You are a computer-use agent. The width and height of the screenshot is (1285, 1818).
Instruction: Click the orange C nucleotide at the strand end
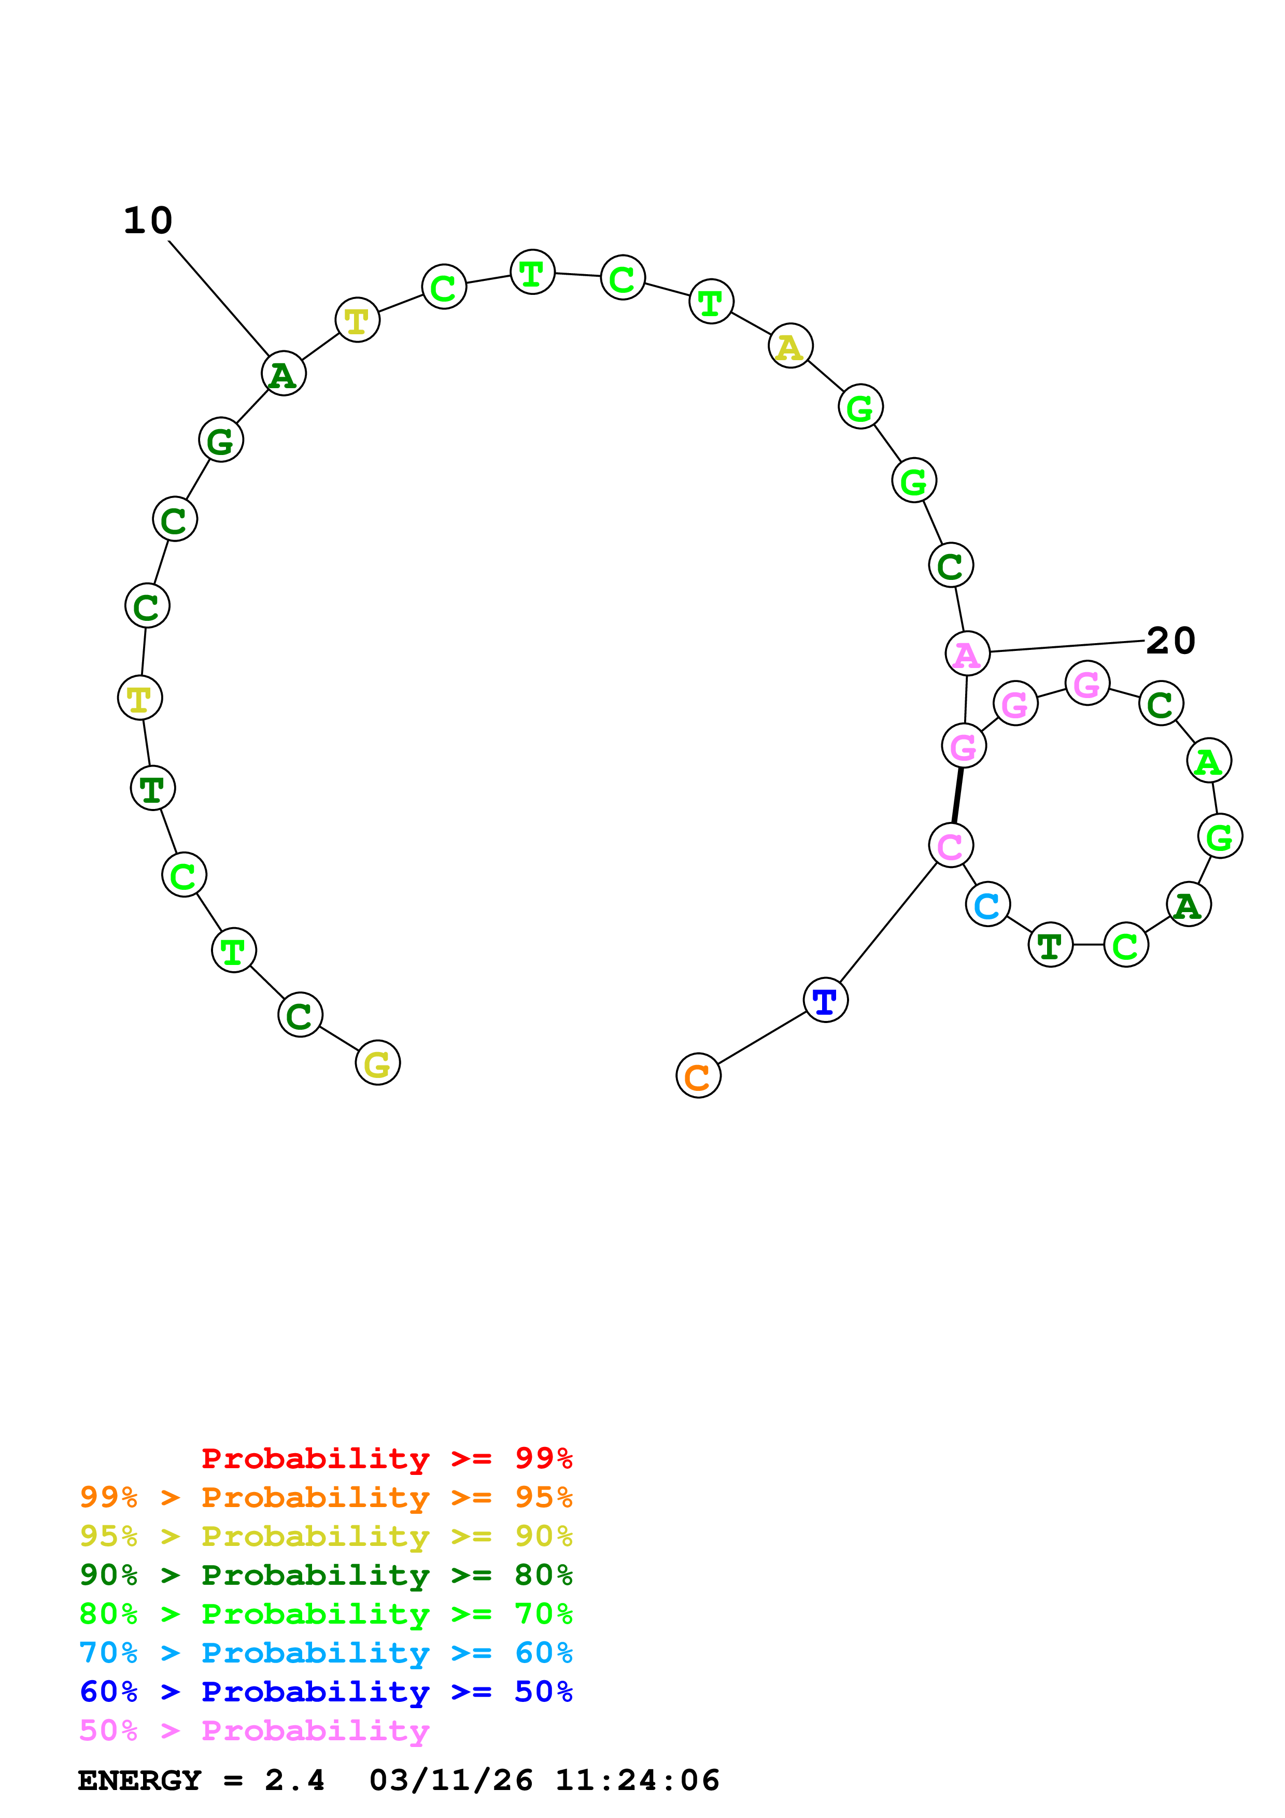tap(698, 1075)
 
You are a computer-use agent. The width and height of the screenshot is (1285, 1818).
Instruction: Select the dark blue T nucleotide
tap(825, 1000)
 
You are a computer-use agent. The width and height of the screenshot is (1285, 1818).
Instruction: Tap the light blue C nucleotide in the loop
tap(987, 904)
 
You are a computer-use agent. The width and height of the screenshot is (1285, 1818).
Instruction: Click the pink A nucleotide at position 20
tap(967, 654)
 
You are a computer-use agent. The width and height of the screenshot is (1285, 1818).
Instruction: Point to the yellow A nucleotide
tap(790, 346)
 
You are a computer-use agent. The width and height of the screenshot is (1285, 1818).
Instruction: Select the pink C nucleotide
tap(950, 846)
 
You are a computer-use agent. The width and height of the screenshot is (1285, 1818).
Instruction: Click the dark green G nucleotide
tap(221, 439)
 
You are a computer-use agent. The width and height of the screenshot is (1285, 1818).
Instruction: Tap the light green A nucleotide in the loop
tap(1208, 761)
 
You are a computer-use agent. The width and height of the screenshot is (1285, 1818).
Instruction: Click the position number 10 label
tap(148, 221)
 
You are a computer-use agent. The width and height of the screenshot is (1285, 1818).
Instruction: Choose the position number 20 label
tap(1170, 641)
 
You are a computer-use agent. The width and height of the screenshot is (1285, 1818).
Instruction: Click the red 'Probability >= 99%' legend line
tap(386, 1458)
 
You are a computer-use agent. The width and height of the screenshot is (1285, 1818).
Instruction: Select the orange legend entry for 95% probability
tap(326, 1497)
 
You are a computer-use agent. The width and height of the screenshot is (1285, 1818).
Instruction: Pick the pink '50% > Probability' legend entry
tap(254, 1730)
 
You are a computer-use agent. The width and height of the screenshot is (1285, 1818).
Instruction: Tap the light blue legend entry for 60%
tap(326, 1653)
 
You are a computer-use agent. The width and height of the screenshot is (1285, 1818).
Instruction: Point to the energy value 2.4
tap(294, 1780)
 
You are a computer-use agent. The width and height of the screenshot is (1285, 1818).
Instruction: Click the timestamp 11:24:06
tap(638, 1780)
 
